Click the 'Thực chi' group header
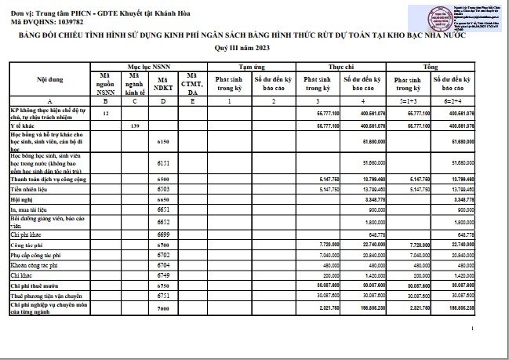point(340,69)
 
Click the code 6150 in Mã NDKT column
point(163,142)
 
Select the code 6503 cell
point(163,190)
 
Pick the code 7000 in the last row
point(163,310)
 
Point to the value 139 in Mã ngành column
point(135,125)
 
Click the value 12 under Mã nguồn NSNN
point(106,115)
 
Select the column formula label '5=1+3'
point(405,103)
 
